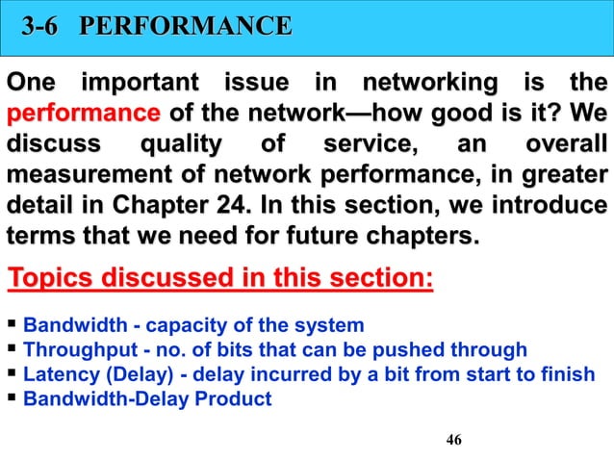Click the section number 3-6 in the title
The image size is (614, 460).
pos(46,26)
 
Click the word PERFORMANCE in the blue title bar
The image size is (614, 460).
pos(185,26)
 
